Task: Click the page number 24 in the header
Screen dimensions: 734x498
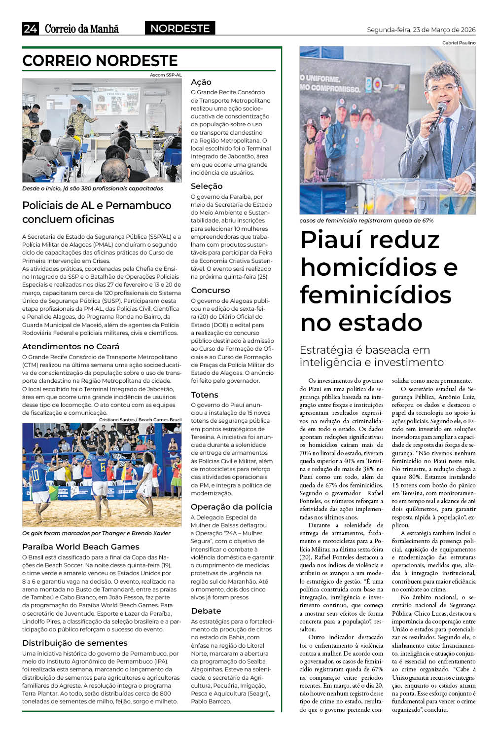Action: [x=30, y=29]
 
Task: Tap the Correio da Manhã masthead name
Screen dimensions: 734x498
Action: [x=82, y=29]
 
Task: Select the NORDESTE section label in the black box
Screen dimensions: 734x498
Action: [x=180, y=29]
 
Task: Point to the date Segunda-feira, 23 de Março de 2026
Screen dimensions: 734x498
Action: [x=421, y=30]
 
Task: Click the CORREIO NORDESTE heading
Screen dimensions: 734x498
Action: [x=100, y=61]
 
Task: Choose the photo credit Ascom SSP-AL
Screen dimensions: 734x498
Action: [x=166, y=75]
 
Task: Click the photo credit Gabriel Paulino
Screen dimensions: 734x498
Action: [x=459, y=43]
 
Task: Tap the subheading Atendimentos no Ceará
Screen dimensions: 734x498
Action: [x=71, y=346]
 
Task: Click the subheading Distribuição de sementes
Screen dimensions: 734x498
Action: [x=75, y=643]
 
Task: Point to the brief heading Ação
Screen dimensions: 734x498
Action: [x=201, y=82]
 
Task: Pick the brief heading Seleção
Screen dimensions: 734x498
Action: [x=207, y=186]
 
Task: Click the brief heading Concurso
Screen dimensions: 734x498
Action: [x=211, y=290]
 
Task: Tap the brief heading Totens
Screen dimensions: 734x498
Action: [x=205, y=395]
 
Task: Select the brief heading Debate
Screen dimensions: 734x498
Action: [x=206, y=611]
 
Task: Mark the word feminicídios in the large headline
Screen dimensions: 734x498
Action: [x=376, y=295]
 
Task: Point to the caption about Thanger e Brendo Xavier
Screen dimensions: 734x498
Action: [x=96, y=533]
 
